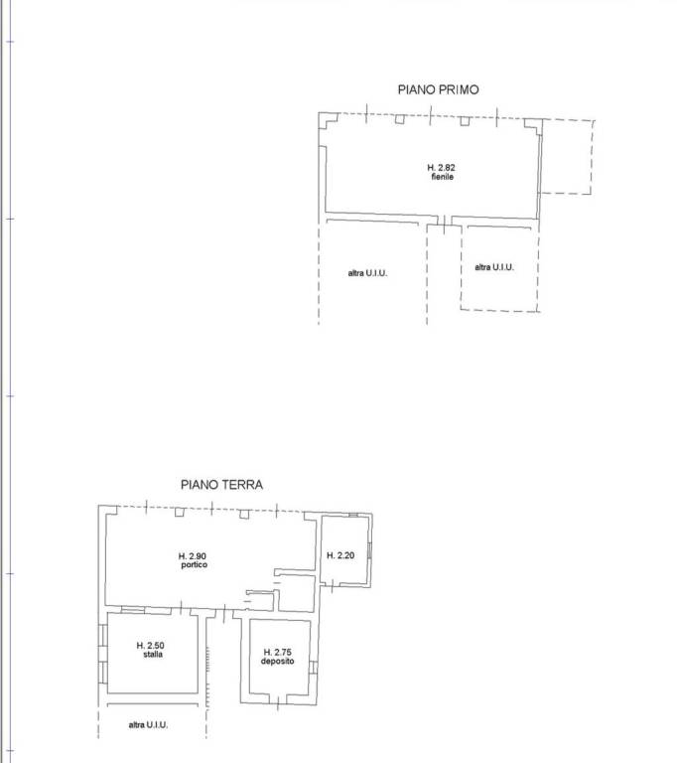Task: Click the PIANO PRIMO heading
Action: click(438, 89)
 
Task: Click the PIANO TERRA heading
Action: click(221, 485)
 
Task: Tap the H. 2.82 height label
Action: click(441, 167)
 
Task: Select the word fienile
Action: click(442, 177)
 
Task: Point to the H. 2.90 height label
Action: click(193, 556)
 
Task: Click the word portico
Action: click(194, 565)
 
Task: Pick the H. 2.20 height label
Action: click(340, 555)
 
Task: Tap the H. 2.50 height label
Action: click(150, 646)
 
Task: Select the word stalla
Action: click(153, 655)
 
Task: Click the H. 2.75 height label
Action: click(277, 652)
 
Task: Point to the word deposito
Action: click(277, 662)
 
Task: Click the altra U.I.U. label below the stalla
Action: click(148, 725)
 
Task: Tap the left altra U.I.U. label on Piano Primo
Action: click(367, 273)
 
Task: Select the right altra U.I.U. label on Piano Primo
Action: click(494, 267)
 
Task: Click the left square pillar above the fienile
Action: click(399, 119)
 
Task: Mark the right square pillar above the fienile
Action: click(465, 120)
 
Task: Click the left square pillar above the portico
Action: click(180, 512)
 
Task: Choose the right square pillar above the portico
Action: click(244, 514)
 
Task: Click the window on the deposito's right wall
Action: click(314, 668)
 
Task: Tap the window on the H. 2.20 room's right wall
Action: click(369, 550)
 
